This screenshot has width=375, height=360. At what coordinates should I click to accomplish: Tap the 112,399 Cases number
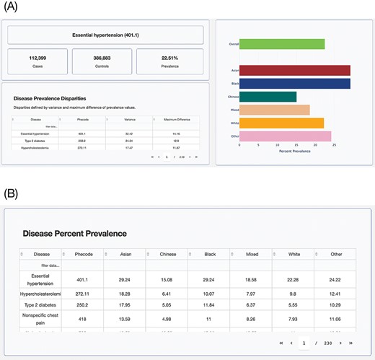click(x=38, y=58)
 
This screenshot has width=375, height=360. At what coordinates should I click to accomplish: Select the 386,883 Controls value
click(x=102, y=58)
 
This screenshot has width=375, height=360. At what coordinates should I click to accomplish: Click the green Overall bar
click(x=282, y=44)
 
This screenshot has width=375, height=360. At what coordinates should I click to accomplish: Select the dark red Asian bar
click(x=294, y=70)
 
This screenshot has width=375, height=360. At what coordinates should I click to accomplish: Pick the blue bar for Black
click(x=294, y=84)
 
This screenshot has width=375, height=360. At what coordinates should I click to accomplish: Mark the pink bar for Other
click(x=285, y=136)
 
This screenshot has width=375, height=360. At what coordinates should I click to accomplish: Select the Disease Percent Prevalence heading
click(x=75, y=234)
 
